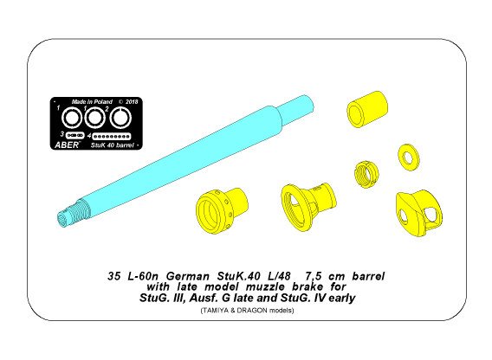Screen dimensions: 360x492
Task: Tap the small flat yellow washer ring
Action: pyautogui.click(x=406, y=157)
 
